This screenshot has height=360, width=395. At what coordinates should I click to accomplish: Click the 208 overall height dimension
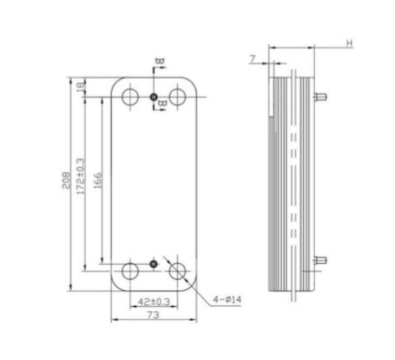pyautogui.click(x=66, y=180)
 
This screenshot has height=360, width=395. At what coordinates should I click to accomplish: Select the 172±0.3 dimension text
pyautogui.click(x=81, y=176)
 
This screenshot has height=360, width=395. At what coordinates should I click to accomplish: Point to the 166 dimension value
pyautogui.click(x=98, y=180)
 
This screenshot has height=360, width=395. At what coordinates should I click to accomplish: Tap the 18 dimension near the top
pyautogui.click(x=81, y=87)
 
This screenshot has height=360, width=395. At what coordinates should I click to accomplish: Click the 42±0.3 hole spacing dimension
pyautogui.click(x=154, y=302)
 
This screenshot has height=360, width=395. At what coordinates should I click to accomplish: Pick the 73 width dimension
pyautogui.click(x=153, y=315)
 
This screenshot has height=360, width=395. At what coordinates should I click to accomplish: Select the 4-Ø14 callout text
pyautogui.click(x=227, y=300)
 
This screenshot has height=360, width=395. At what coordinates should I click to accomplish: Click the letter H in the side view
pyautogui.click(x=350, y=43)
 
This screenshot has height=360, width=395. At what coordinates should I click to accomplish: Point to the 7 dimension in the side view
pyautogui.click(x=253, y=59)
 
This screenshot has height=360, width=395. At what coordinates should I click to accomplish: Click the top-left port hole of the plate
pyautogui.click(x=130, y=96)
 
